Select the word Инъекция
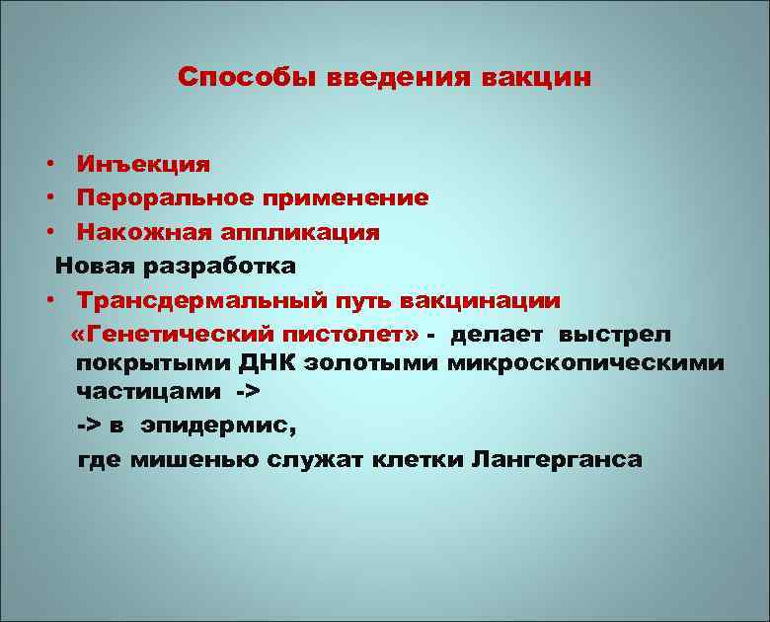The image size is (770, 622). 143,163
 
